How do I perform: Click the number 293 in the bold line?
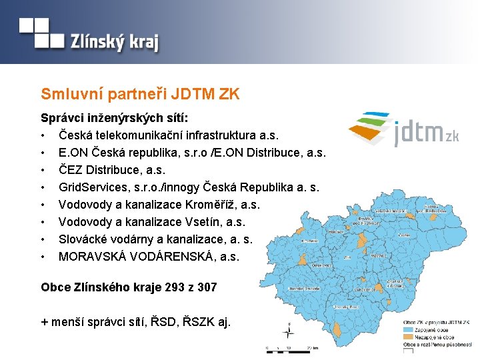(x=165, y=287)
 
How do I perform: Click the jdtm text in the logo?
(x=418, y=133)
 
